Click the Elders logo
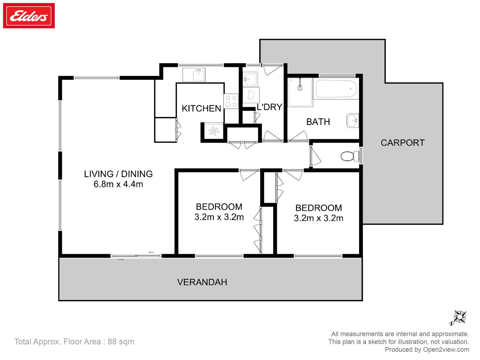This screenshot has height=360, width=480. [28, 16]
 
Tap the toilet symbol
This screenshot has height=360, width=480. [350, 156]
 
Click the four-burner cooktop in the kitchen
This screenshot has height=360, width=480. [231, 101]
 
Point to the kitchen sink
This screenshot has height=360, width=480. [194, 75]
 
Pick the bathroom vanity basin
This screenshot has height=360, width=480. [352, 120]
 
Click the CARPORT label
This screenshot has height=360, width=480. [403, 143]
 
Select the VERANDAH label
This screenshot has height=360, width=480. [202, 282]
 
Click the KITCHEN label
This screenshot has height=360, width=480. [201, 108]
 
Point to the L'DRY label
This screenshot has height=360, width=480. [269, 107]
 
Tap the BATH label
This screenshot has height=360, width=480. [318, 122]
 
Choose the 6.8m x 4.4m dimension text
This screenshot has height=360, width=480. [118, 184]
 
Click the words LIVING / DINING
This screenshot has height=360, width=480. [118, 174]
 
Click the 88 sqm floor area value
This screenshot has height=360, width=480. [121, 342]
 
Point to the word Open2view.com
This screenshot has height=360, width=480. [446, 349]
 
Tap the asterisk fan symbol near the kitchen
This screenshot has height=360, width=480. [214, 131]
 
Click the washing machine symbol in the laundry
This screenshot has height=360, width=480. [251, 95]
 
